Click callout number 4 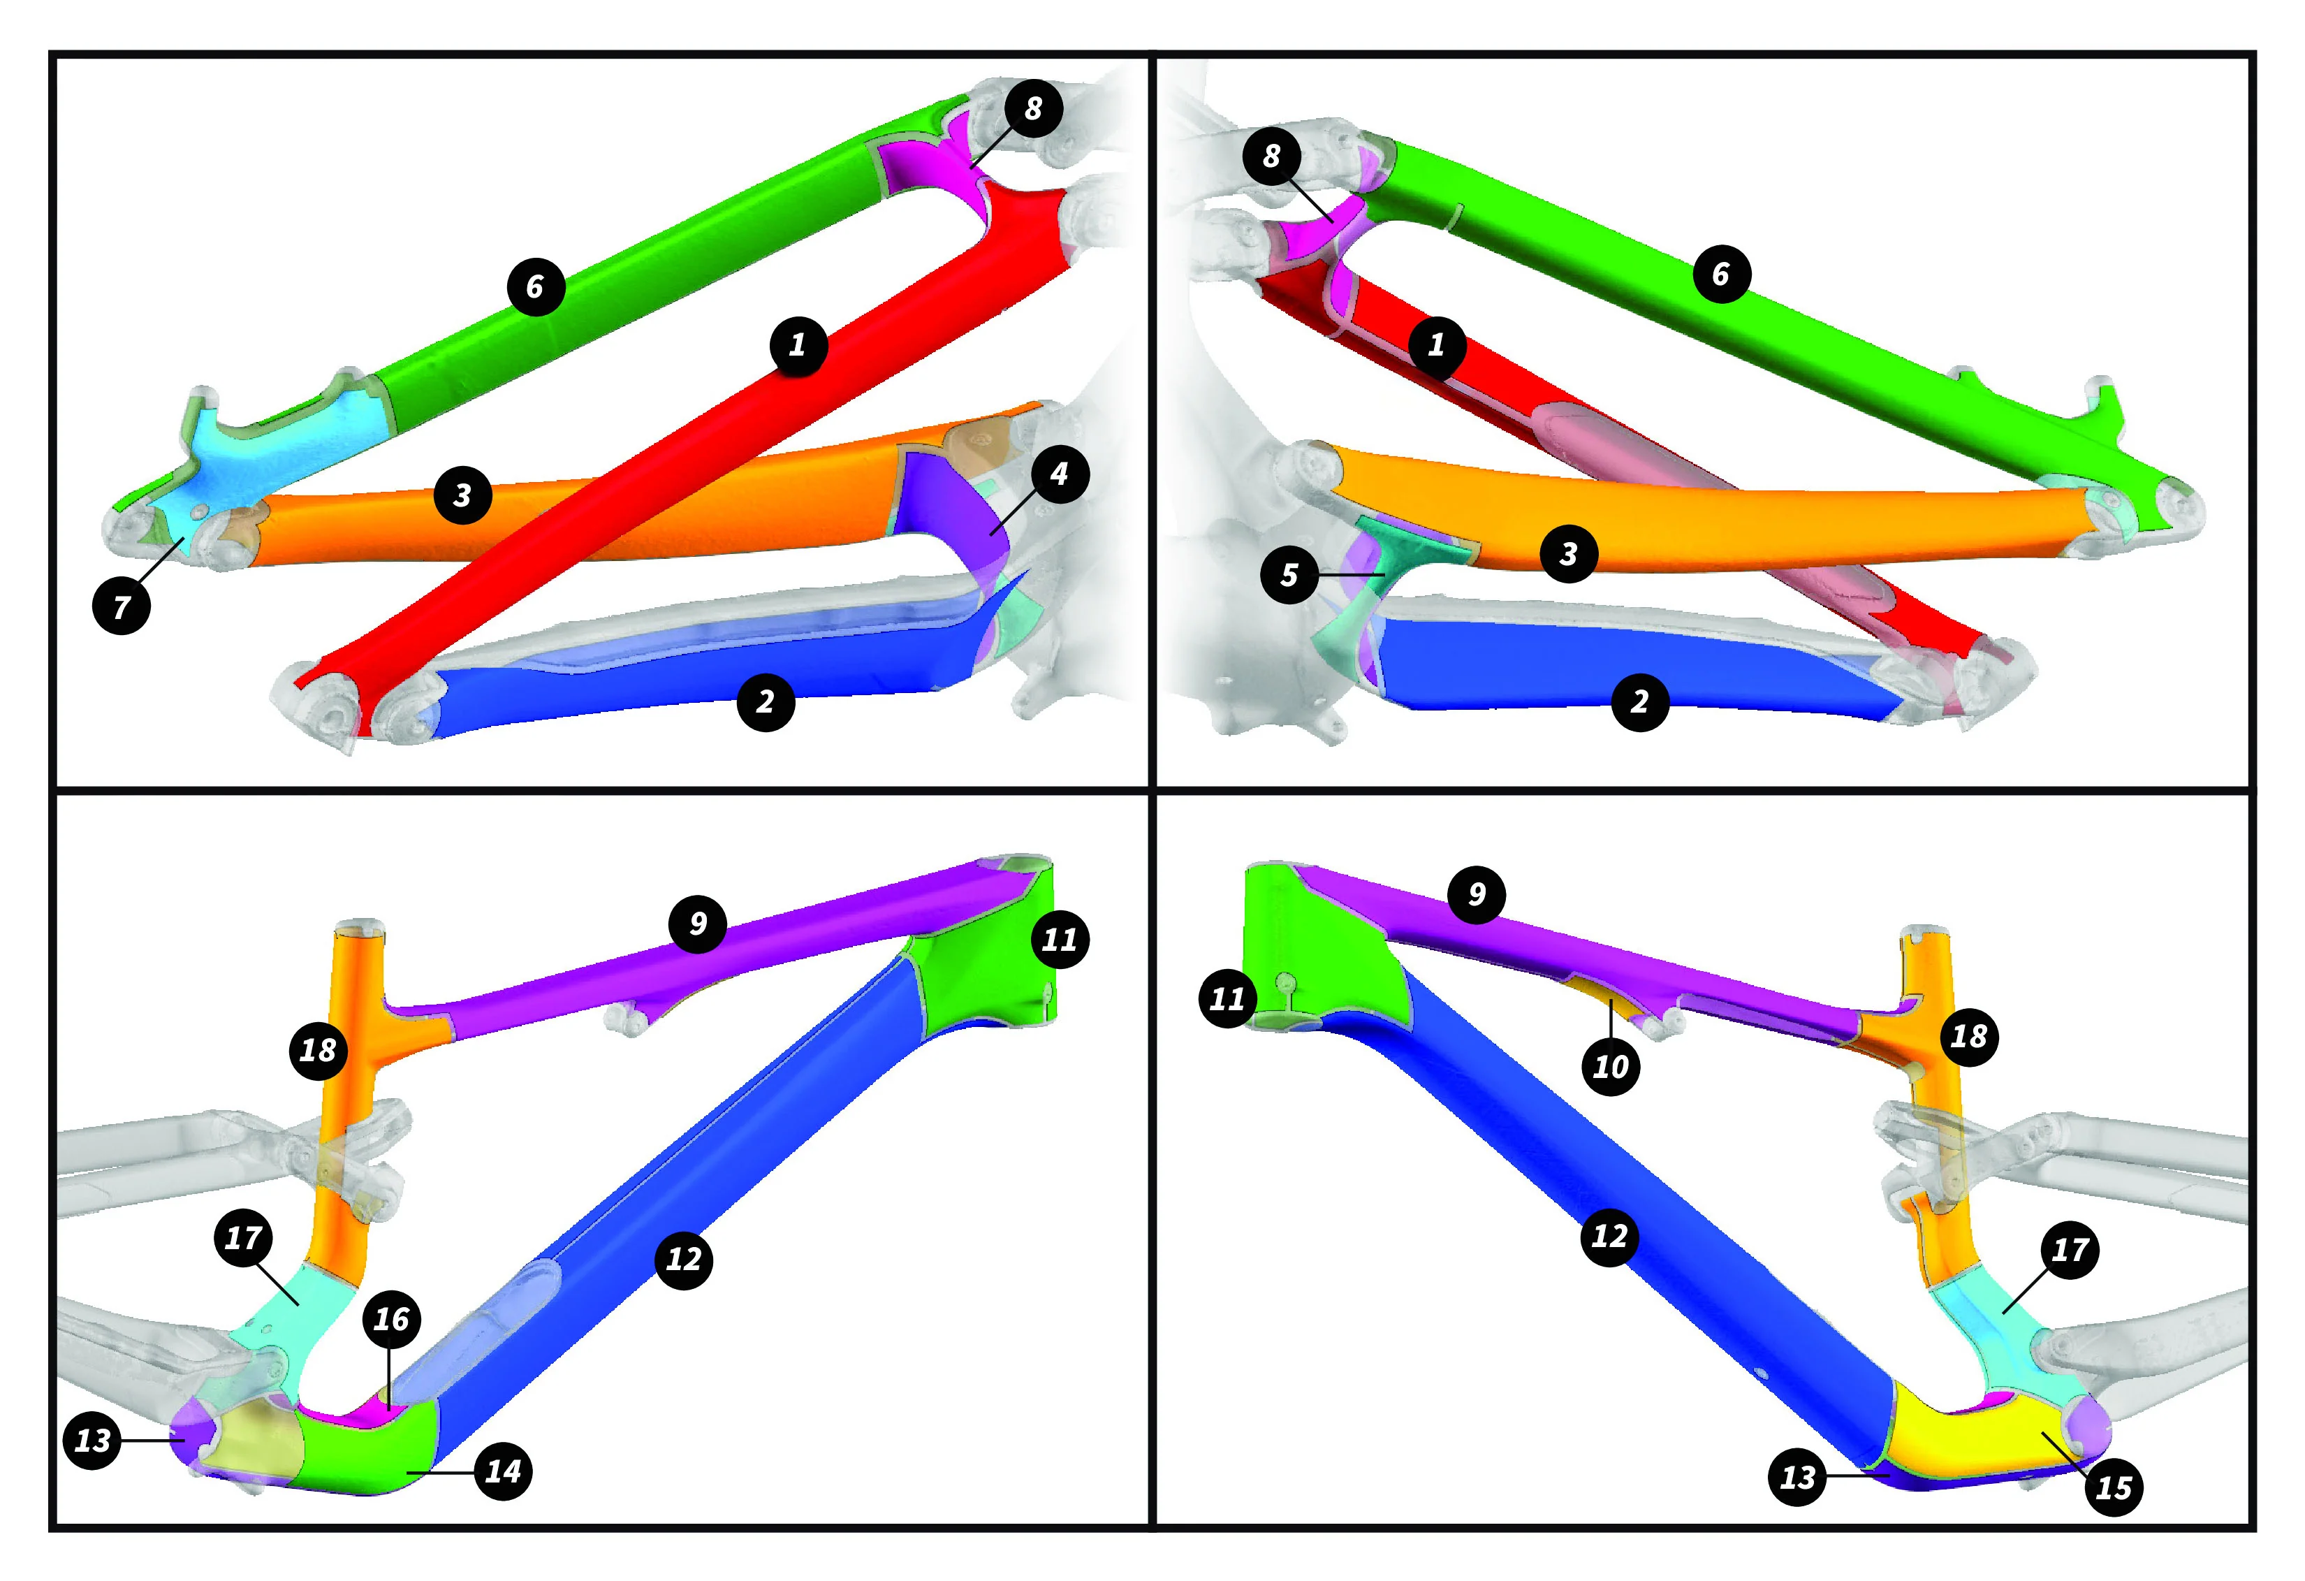pos(1060,474)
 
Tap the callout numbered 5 pos(1289,574)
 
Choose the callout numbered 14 pos(504,1471)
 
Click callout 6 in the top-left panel pos(536,288)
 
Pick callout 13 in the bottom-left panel pos(92,1440)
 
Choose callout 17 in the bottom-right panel pos(2070,1250)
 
